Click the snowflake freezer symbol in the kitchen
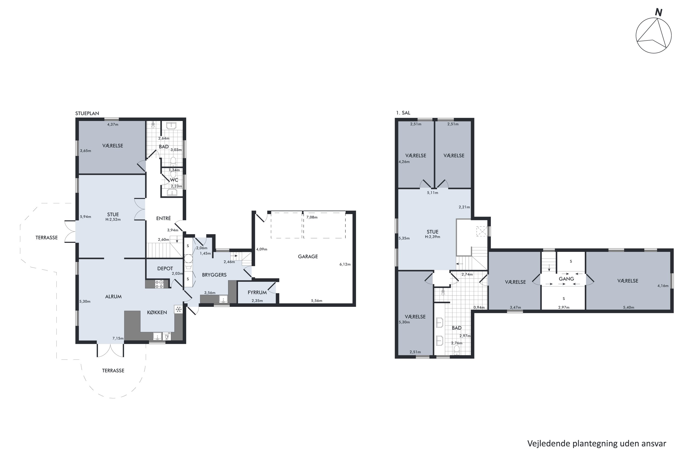pos(178,309)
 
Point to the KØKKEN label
pos(157,312)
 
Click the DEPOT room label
pos(165,268)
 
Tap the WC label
pos(174,180)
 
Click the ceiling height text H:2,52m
pos(113,219)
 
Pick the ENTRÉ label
pos(163,218)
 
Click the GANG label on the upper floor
pos(566,279)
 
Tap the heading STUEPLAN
pos(87,113)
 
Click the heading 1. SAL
pos(403,113)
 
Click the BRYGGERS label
pos(214,275)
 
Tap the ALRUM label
pos(113,297)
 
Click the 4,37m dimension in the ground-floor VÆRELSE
pos(113,124)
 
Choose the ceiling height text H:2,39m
pos(433,237)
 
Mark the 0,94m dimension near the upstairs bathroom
pos(479,308)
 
